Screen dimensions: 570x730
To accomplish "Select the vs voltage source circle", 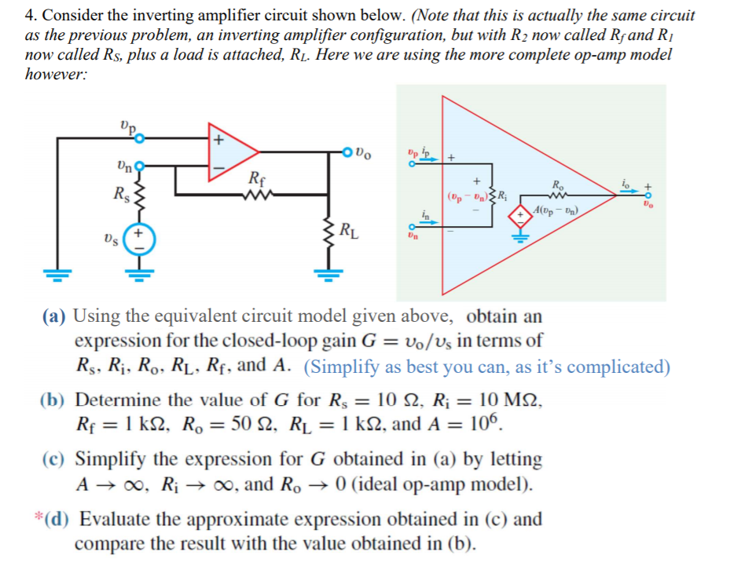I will tap(139, 239).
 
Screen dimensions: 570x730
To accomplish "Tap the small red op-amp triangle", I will tap(228, 152).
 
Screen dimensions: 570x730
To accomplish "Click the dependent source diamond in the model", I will tap(520, 216).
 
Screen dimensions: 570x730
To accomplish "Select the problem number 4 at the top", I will tap(29, 15).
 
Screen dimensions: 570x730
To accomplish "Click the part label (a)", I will tap(55, 317).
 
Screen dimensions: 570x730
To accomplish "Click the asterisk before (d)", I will tap(38, 517).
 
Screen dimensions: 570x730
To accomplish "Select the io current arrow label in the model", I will tap(625, 183).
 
